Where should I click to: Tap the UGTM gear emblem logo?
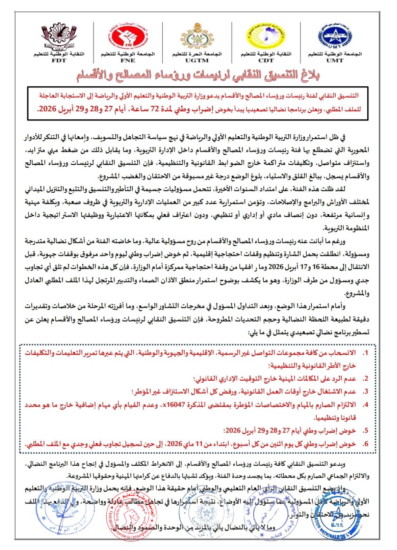[x=197, y=37]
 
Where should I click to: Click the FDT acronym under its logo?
[x=59, y=61]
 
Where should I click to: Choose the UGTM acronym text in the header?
[x=197, y=61]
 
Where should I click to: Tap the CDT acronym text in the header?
[x=266, y=61]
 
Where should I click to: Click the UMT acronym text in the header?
[x=335, y=61]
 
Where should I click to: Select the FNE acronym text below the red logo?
[x=127, y=61]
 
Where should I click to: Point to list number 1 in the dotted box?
[x=366, y=353]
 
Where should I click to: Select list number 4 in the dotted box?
[x=366, y=405]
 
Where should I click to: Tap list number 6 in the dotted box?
[x=366, y=444]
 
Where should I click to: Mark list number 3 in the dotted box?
[x=366, y=392]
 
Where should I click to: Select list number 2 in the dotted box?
[x=366, y=379]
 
